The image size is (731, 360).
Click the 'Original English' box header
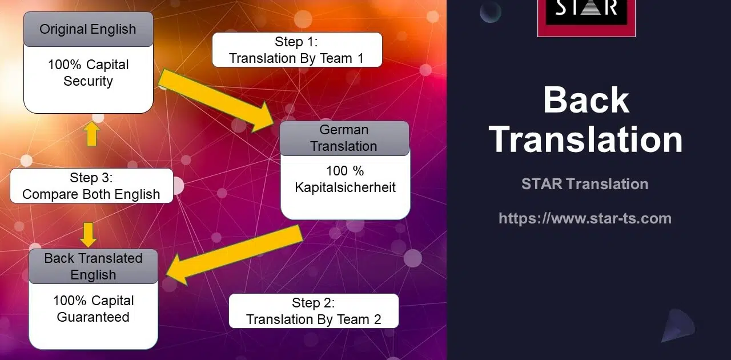(x=89, y=29)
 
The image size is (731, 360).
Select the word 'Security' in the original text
(x=88, y=81)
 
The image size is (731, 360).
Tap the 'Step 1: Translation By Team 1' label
(x=297, y=50)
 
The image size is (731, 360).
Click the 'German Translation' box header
(x=344, y=138)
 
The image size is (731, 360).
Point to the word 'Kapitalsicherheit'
(x=345, y=187)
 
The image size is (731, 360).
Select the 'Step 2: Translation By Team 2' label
(x=314, y=311)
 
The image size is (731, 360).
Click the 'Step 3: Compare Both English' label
(x=91, y=186)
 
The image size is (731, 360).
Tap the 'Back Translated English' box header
(x=93, y=266)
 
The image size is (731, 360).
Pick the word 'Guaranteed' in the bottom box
(x=93, y=317)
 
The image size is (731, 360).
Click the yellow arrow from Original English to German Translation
(x=216, y=101)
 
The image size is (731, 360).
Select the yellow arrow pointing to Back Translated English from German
(x=234, y=255)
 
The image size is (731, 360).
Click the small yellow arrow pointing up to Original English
(x=91, y=134)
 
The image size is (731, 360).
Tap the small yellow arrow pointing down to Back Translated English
(x=89, y=235)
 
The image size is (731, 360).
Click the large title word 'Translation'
(x=586, y=139)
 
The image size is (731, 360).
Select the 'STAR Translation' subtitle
(x=585, y=184)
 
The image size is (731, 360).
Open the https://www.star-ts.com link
(x=585, y=218)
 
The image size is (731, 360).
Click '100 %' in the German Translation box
(x=345, y=171)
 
